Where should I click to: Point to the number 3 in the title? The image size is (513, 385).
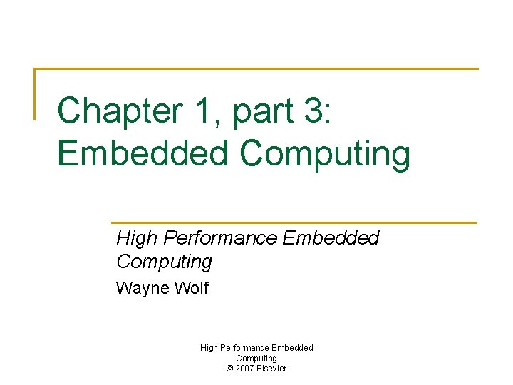312,111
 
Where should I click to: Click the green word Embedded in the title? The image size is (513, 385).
143,153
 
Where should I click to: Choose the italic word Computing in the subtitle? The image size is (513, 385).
164,262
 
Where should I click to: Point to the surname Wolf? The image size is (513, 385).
190,289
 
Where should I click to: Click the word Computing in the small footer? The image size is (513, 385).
256,358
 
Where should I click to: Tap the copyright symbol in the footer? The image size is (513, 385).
229,369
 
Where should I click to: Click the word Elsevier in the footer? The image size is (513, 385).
273,369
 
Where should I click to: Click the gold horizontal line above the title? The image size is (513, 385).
256,69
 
